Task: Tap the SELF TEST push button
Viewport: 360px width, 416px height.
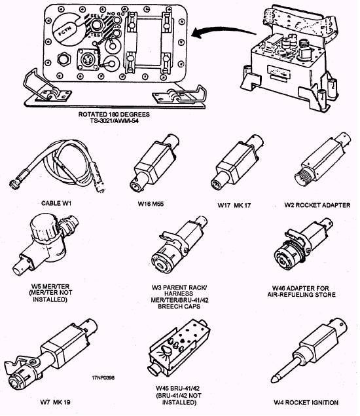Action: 96,26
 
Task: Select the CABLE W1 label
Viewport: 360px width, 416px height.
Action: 56,204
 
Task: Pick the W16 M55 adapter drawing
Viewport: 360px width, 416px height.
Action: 154,162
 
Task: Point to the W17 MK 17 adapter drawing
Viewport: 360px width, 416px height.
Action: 237,162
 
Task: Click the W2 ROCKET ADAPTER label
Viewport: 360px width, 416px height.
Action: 317,205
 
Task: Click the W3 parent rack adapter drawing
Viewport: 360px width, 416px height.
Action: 179,246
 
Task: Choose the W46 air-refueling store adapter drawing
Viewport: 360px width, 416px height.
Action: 302,245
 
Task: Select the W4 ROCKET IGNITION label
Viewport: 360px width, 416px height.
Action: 306,402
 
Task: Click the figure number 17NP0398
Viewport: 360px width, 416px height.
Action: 103,378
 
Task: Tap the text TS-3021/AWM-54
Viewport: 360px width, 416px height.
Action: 115,121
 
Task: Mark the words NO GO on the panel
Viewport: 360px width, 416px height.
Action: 115,13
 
